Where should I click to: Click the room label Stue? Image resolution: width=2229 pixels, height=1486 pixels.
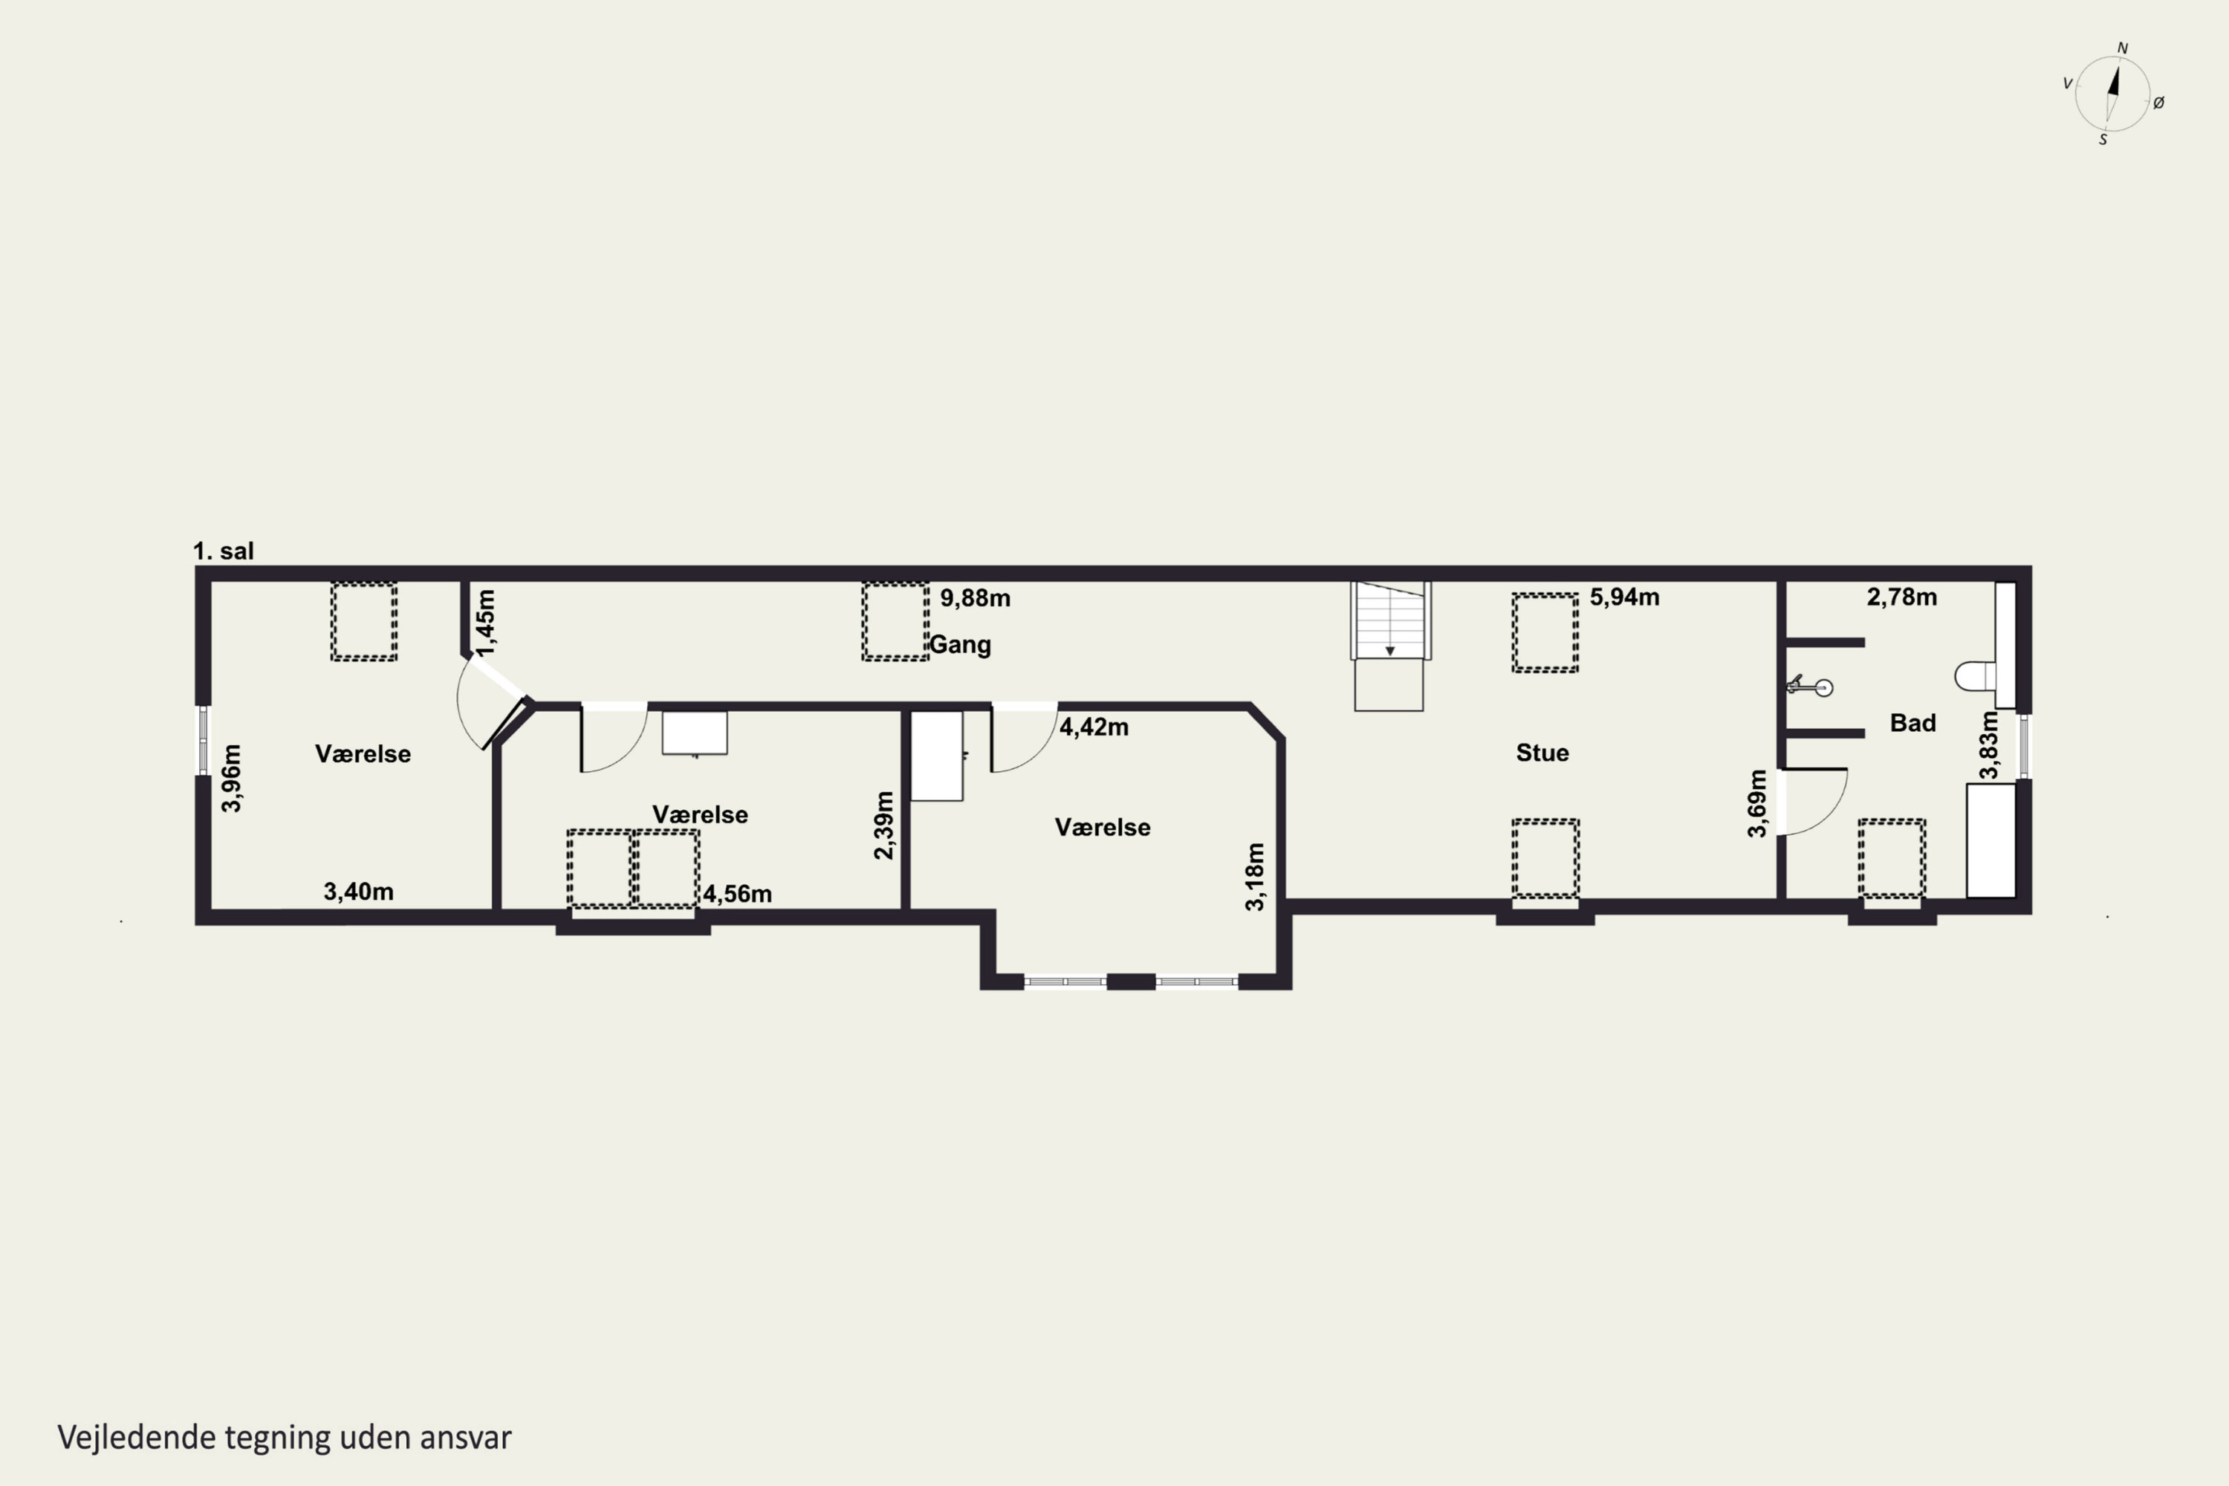tap(1542, 753)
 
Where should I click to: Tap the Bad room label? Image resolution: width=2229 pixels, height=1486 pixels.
tap(1912, 723)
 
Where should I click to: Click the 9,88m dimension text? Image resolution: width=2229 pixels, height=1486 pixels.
tap(975, 598)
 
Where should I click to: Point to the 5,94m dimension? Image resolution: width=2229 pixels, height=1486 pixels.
tap(1624, 597)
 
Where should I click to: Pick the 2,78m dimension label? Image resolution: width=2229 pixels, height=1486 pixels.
tap(1902, 597)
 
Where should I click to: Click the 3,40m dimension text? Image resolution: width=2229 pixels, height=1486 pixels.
tap(358, 891)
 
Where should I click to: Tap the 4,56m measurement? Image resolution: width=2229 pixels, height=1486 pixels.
tap(737, 894)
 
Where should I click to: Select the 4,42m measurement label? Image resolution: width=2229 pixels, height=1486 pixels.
tap(1094, 727)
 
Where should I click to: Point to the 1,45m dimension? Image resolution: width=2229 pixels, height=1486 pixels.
tap(485, 623)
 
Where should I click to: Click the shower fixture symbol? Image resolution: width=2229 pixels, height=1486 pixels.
tap(1809, 685)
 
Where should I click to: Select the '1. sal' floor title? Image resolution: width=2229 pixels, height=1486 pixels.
tap(224, 551)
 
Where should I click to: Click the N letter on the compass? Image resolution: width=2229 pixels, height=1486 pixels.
tap(2123, 48)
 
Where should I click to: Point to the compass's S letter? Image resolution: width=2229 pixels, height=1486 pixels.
tap(2103, 140)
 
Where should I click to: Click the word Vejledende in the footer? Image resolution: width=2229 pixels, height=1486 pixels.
tap(137, 1438)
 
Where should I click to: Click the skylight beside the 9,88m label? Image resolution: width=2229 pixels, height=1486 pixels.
tap(895, 620)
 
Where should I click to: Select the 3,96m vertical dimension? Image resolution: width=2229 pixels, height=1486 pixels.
tap(231, 778)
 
